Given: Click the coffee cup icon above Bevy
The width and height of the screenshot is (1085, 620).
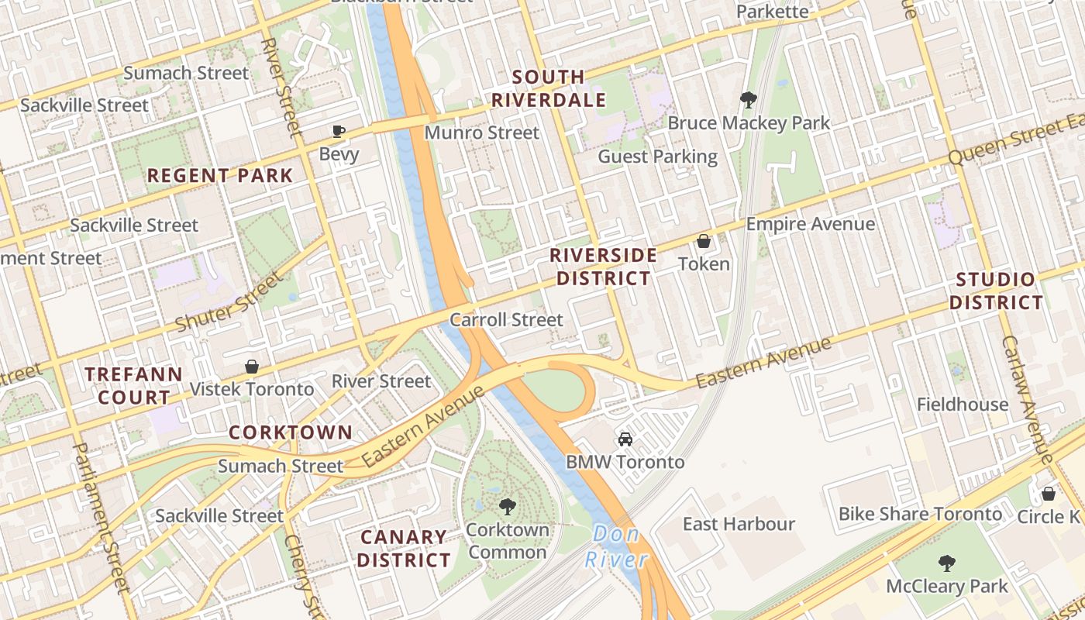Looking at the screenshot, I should click(338, 131).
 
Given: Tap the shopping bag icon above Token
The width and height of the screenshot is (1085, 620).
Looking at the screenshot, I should click(704, 241).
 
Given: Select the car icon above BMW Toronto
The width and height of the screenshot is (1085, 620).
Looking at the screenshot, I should click(625, 439).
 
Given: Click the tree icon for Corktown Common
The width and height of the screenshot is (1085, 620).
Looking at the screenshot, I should click(508, 507).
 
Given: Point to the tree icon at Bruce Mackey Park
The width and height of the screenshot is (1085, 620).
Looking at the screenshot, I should click(748, 100).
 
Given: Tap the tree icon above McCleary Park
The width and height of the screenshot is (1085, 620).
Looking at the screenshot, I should click(946, 563).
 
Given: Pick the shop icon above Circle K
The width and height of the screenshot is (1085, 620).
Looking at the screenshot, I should click(1048, 494).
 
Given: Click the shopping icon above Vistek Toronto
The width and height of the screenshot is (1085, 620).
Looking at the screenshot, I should click(252, 366).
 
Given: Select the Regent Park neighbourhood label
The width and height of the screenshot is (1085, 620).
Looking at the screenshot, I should click(220, 176).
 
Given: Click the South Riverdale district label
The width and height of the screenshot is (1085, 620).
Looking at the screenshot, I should click(549, 88).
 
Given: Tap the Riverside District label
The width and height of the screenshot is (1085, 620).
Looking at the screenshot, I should click(603, 267).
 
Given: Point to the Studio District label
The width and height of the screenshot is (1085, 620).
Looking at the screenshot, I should click(997, 291).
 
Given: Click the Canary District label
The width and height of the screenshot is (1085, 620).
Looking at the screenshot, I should click(404, 548).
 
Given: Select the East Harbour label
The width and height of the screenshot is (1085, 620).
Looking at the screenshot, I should click(739, 524).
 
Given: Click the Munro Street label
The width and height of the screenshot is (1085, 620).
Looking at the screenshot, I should click(481, 133).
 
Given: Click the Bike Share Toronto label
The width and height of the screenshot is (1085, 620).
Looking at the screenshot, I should click(920, 514).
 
